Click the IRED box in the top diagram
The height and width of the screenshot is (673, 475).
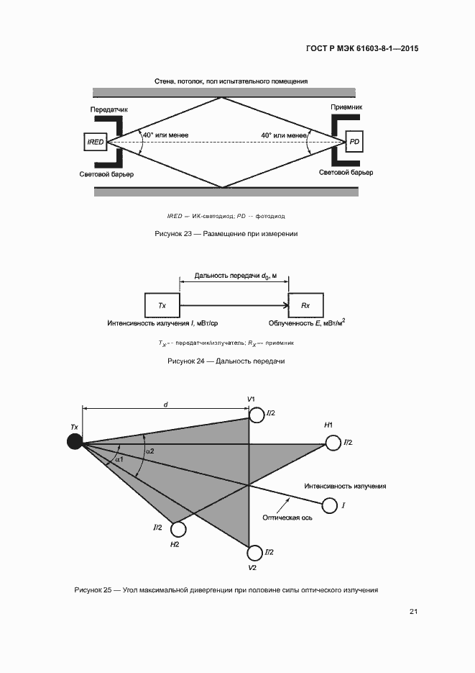pyautogui.click(x=96, y=143)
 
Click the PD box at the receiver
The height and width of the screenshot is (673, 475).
pyautogui.click(x=354, y=143)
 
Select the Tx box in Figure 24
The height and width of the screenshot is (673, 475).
pyautogui.click(x=162, y=306)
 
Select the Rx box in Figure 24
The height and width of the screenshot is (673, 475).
pyautogui.click(x=305, y=306)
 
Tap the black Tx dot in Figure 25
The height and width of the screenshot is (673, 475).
pyautogui.click(x=75, y=441)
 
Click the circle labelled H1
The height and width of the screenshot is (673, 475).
pyautogui.click(x=333, y=443)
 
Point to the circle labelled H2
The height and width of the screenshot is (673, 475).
pyautogui.click(x=178, y=530)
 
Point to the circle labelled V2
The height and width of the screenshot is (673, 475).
pyautogui.click(x=255, y=553)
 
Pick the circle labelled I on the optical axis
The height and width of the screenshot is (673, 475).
pyautogui.click(x=330, y=506)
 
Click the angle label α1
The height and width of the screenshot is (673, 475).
pyautogui.click(x=119, y=459)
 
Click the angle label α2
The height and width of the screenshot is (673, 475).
pyautogui.click(x=149, y=451)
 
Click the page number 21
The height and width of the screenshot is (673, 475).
pyautogui.click(x=414, y=612)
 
